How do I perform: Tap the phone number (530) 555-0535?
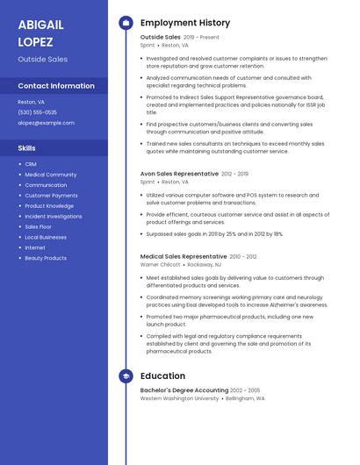[x=37, y=112]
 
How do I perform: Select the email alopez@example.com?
[x=46, y=123]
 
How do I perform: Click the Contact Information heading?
[x=56, y=86]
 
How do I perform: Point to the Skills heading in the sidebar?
[x=27, y=148]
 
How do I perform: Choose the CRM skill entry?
[x=31, y=164]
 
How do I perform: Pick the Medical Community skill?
[x=50, y=175]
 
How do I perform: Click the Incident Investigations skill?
[x=54, y=217]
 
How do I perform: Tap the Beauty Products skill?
[x=46, y=259]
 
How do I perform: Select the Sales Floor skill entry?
[x=38, y=227]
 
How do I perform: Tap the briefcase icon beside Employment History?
[x=125, y=22]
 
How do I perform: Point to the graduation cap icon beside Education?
[x=125, y=376]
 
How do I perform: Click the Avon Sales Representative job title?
[x=180, y=175]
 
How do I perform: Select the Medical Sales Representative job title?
[x=184, y=257]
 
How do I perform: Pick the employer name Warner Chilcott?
[x=160, y=264]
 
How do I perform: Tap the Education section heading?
[x=162, y=376]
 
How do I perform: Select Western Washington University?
[x=179, y=398]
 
